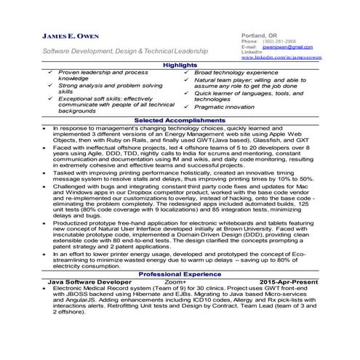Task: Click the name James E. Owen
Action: click(x=71, y=37)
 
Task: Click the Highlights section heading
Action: click(x=180, y=65)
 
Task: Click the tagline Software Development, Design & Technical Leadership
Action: click(x=126, y=52)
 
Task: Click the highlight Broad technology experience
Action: click(x=236, y=73)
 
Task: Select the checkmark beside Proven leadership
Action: click(x=49, y=73)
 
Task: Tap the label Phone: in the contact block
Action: click(x=249, y=41)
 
